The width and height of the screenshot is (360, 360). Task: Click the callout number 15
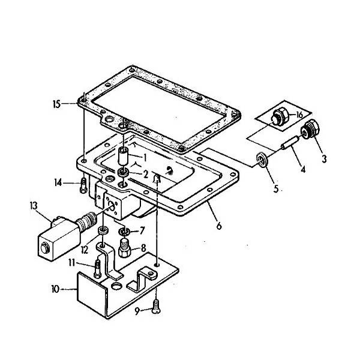(x=57, y=104)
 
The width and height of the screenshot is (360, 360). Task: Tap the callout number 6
(x=219, y=226)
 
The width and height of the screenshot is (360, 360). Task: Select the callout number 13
(x=34, y=206)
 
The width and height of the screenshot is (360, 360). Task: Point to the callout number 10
(x=55, y=289)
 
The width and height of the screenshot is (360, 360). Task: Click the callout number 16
(x=299, y=115)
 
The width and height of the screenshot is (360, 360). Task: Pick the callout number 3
(x=324, y=159)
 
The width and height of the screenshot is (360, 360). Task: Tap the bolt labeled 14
(x=83, y=186)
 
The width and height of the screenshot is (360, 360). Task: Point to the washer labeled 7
(x=124, y=232)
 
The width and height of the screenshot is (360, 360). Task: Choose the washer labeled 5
(x=262, y=159)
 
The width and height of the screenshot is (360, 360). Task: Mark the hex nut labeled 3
(x=310, y=130)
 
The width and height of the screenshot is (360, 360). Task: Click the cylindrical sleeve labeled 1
(x=123, y=156)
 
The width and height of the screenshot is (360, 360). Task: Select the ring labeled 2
(x=123, y=172)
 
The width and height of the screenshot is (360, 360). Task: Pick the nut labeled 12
(x=103, y=230)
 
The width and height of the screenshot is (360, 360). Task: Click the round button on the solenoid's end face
(x=44, y=248)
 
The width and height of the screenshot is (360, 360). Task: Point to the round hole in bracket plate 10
(x=116, y=286)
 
